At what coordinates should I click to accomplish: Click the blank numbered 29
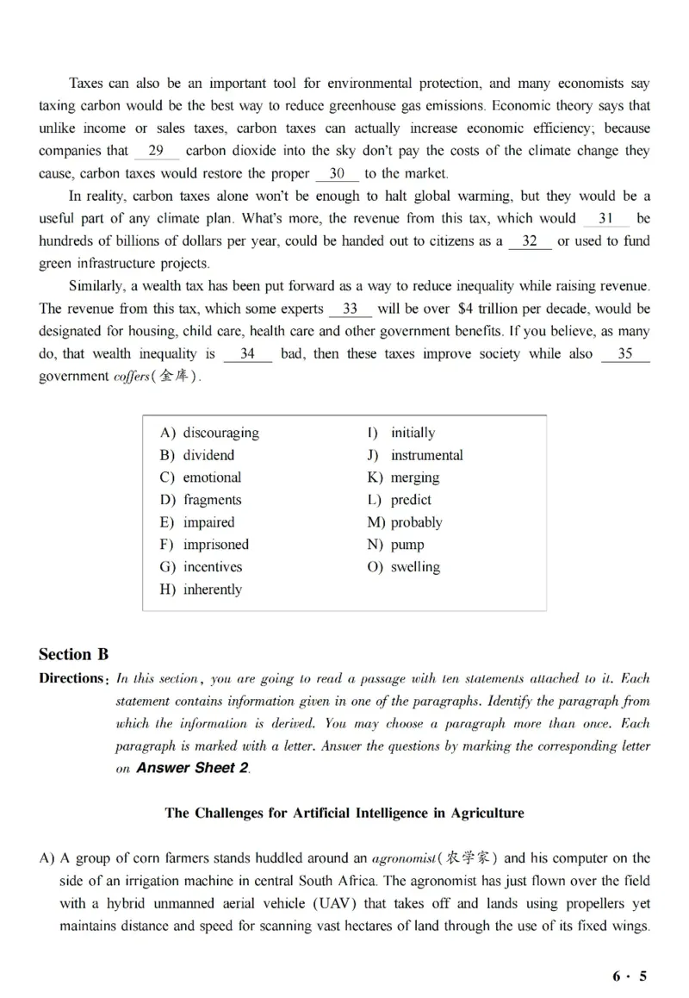point(156,151)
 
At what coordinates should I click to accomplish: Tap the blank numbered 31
point(605,219)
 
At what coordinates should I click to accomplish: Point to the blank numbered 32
point(530,241)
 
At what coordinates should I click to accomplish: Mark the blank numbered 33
point(350,309)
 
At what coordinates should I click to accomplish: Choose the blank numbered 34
point(247,353)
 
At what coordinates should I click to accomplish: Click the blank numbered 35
point(624,353)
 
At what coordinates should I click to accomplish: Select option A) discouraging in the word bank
point(208,433)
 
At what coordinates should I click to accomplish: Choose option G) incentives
point(201,567)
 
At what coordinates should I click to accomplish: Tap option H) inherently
point(201,589)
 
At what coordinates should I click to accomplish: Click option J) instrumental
point(415,455)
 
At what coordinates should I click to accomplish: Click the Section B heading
point(74,654)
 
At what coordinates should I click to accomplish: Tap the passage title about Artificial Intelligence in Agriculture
point(344,813)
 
